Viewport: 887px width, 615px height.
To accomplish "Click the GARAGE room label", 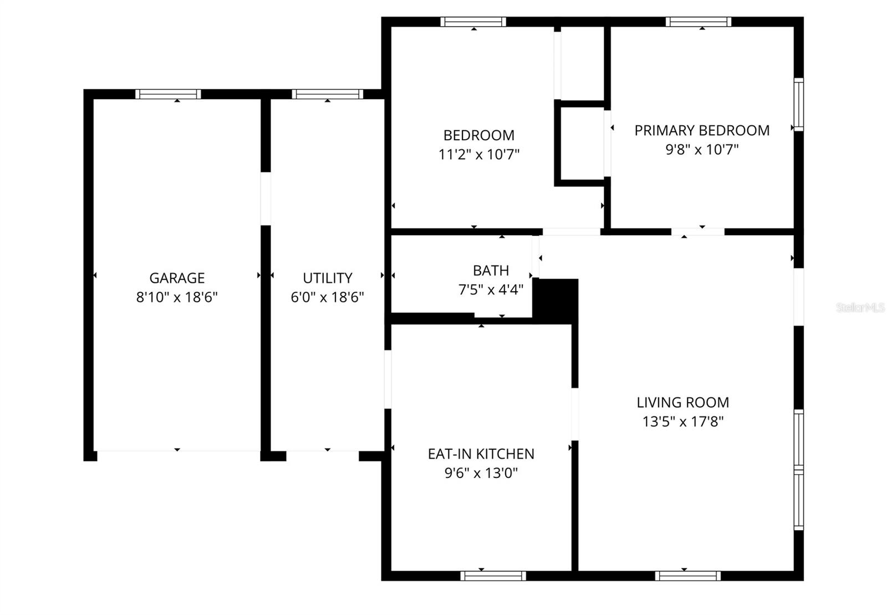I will [177, 278].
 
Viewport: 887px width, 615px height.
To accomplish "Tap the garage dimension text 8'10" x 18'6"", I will [177, 297].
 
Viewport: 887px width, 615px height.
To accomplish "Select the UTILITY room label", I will [327, 278].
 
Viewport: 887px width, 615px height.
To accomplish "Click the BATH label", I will [491, 271].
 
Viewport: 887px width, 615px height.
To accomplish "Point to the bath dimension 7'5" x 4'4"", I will [491, 289].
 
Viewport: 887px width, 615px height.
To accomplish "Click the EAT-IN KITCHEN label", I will [481, 454].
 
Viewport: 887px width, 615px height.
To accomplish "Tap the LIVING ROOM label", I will [682, 403].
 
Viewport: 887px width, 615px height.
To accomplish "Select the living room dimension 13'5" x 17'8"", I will [682, 421].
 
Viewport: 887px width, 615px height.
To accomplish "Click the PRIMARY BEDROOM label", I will [702, 131].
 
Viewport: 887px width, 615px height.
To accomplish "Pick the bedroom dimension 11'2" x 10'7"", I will [478, 154].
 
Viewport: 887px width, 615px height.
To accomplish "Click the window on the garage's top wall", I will [168, 94].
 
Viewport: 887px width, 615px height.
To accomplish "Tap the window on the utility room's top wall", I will [327, 94].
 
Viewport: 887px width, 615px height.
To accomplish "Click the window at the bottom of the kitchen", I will [493, 576].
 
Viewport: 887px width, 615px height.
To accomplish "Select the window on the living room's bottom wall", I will [687, 576].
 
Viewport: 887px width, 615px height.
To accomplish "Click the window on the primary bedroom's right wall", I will [798, 105].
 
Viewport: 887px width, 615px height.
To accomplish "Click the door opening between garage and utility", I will [266, 199].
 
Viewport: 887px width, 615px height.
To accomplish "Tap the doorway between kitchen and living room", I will [575, 414].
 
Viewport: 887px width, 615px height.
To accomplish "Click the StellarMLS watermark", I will [860, 307].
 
